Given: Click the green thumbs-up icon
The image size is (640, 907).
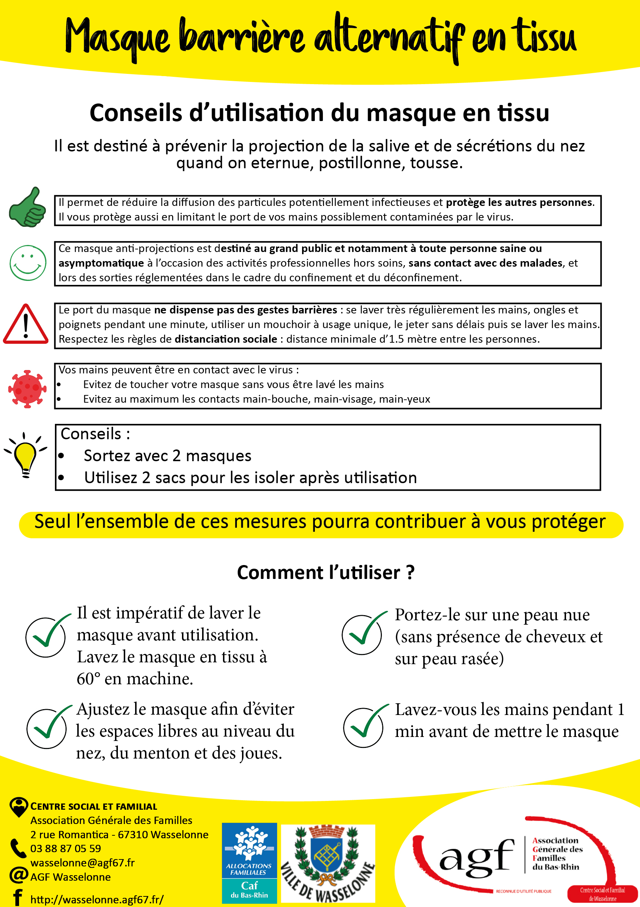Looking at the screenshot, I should coord(27,207).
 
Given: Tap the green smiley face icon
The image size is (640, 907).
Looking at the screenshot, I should coord(28,263).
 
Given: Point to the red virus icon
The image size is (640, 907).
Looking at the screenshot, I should coord(27,389).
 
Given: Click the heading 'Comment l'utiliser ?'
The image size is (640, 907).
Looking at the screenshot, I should coord(325,572).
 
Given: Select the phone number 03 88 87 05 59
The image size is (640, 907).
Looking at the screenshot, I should coord(66,848).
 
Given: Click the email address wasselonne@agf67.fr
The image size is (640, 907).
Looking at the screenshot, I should coord(82,862).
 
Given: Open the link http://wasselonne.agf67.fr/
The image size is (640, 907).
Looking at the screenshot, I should coord(97,899).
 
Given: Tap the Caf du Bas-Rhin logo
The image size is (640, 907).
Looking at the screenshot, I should coord(249,863).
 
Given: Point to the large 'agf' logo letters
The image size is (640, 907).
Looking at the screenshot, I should coord(477,857).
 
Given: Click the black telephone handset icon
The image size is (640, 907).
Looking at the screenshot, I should coord(18,848).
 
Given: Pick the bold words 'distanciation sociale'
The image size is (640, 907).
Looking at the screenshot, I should coord(226,339).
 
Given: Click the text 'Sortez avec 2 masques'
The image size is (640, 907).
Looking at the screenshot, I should coord(167,456).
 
